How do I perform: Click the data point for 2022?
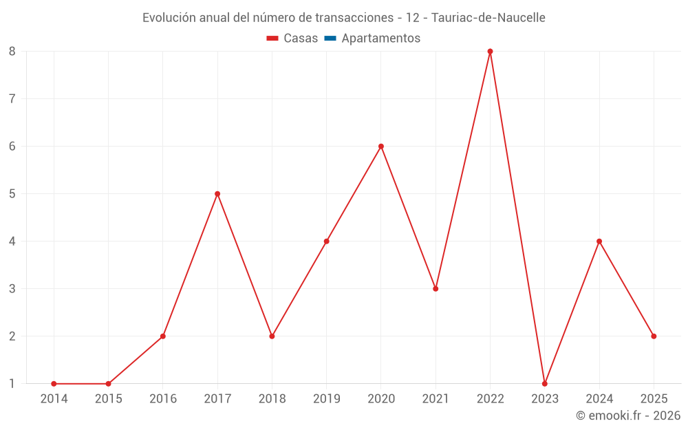[x=490, y=52]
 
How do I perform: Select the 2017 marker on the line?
[x=217, y=194]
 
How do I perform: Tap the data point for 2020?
[x=381, y=147]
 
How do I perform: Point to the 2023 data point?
[x=545, y=384]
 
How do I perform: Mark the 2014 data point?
[x=54, y=384]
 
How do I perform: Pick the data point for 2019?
[x=326, y=241]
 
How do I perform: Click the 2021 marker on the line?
[x=436, y=289]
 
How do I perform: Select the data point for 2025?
[x=654, y=336]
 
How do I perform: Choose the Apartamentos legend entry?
[x=380, y=39]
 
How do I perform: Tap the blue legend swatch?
[x=330, y=39]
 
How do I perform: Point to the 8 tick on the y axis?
[x=12, y=52]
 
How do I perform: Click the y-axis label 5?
[x=12, y=194]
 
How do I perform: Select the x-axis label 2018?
[x=272, y=399]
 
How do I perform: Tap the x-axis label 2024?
[x=599, y=399]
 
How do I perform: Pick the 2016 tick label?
[x=163, y=399]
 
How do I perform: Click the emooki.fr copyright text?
[x=628, y=416]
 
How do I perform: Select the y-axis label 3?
[x=12, y=289]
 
